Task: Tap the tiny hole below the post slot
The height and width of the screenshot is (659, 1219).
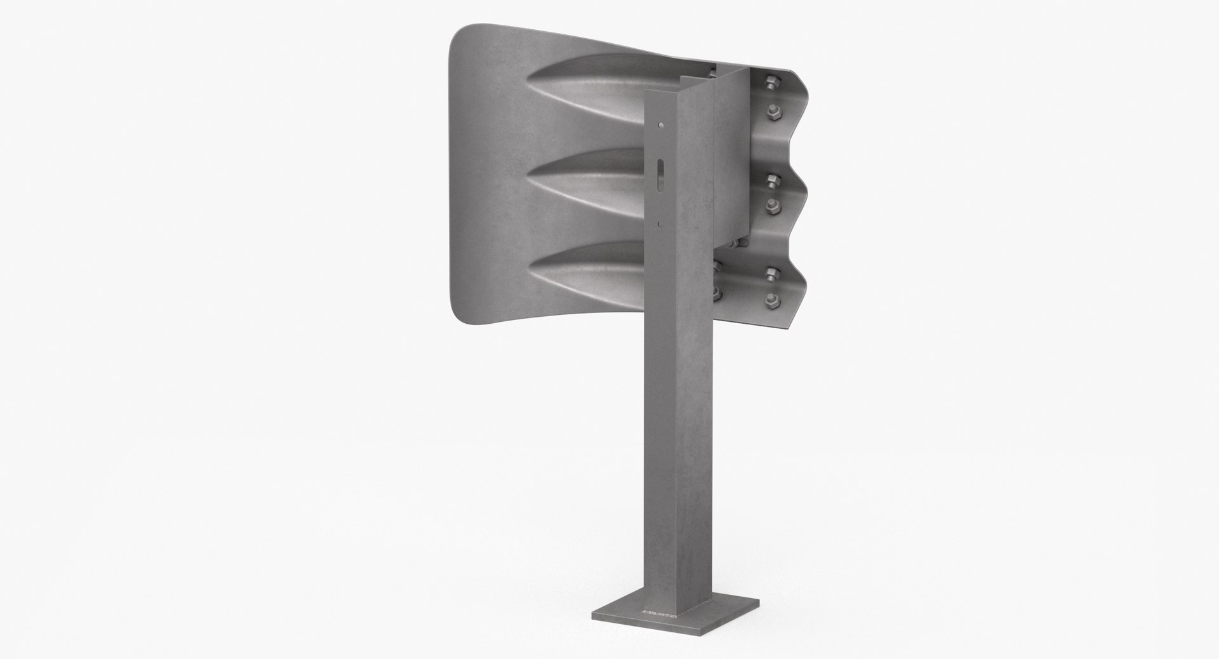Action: [661, 223]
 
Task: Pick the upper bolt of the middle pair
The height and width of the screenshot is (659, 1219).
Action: [770, 180]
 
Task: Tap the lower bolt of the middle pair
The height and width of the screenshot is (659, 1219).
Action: [773, 204]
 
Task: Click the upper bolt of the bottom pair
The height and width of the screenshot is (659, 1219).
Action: [771, 274]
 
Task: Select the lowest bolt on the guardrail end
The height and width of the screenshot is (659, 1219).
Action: [773, 300]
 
